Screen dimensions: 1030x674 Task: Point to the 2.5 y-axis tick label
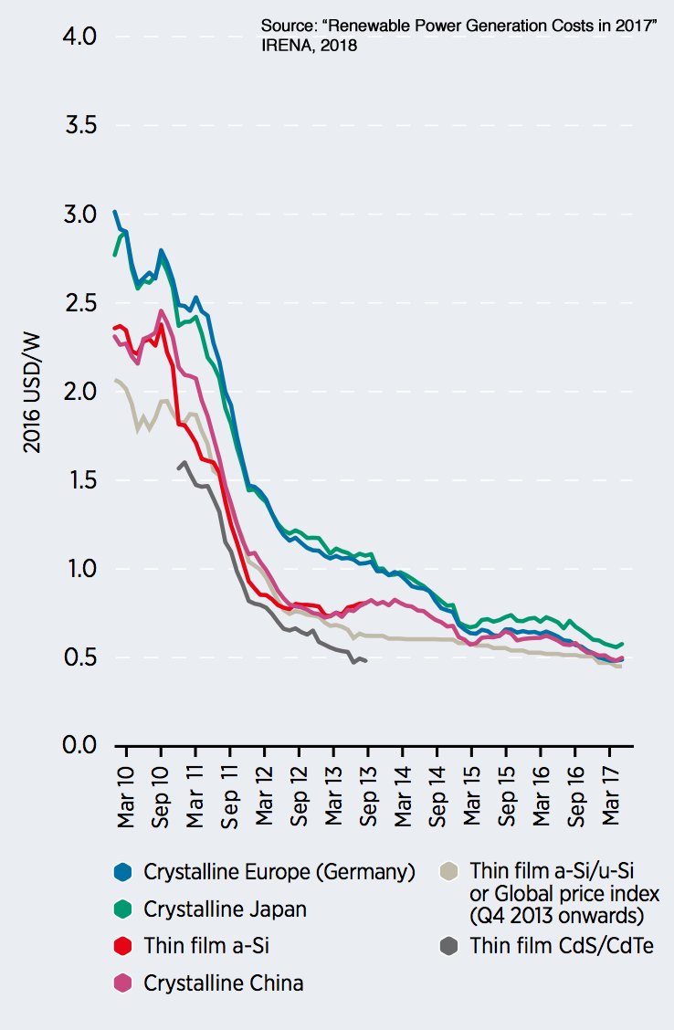click(81, 303)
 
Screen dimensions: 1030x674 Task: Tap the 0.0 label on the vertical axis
click(81, 746)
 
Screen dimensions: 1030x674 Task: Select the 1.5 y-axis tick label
click(81, 480)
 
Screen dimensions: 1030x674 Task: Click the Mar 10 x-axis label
click(127, 797)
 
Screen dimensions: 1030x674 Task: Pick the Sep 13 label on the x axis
click(369, 797)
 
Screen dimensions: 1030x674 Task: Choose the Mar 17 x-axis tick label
click(612, 797)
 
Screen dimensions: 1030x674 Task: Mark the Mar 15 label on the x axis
click(473, 797)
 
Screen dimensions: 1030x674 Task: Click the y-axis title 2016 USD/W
click(33, 393)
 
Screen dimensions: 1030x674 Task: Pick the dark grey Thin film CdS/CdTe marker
click(448, 946)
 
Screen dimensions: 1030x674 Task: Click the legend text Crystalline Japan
click(225, 909)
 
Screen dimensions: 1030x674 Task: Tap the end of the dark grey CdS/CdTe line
click(366, 660)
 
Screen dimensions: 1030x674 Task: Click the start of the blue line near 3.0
click(114, 211)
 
